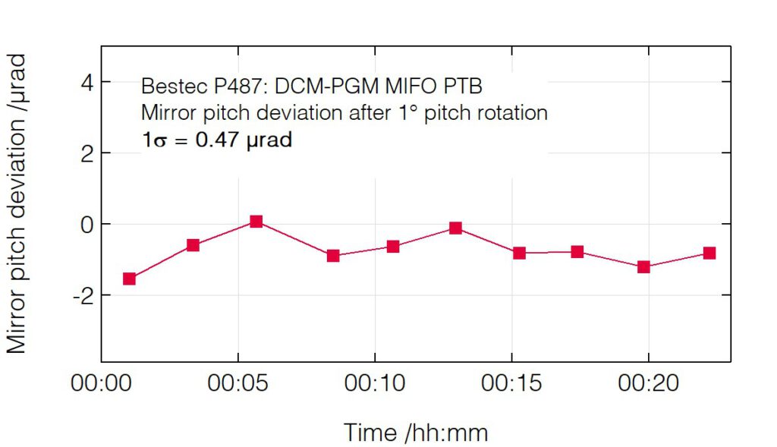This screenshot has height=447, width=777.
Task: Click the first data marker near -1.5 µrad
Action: click(x=129, y=279)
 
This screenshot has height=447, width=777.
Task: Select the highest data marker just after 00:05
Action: click(x=256, y=222)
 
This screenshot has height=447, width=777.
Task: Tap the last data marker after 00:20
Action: click(x=709, y=253)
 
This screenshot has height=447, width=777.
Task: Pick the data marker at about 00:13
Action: click(x=455, y=228)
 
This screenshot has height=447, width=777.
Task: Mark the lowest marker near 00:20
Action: click(x=643, y=266)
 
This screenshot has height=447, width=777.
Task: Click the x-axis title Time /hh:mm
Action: click(x=416, y=433)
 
